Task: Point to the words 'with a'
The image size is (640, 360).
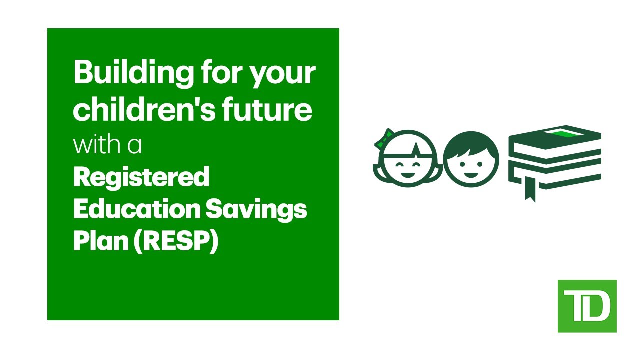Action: tap(107, 144)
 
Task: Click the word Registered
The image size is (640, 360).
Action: tap(141, 178)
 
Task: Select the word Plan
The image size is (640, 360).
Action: tap(98, 241)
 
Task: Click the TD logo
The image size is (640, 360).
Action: tap(587, 306)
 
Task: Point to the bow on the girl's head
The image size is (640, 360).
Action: tap(383, 138)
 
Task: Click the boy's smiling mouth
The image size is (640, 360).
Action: tap(471, 175)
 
